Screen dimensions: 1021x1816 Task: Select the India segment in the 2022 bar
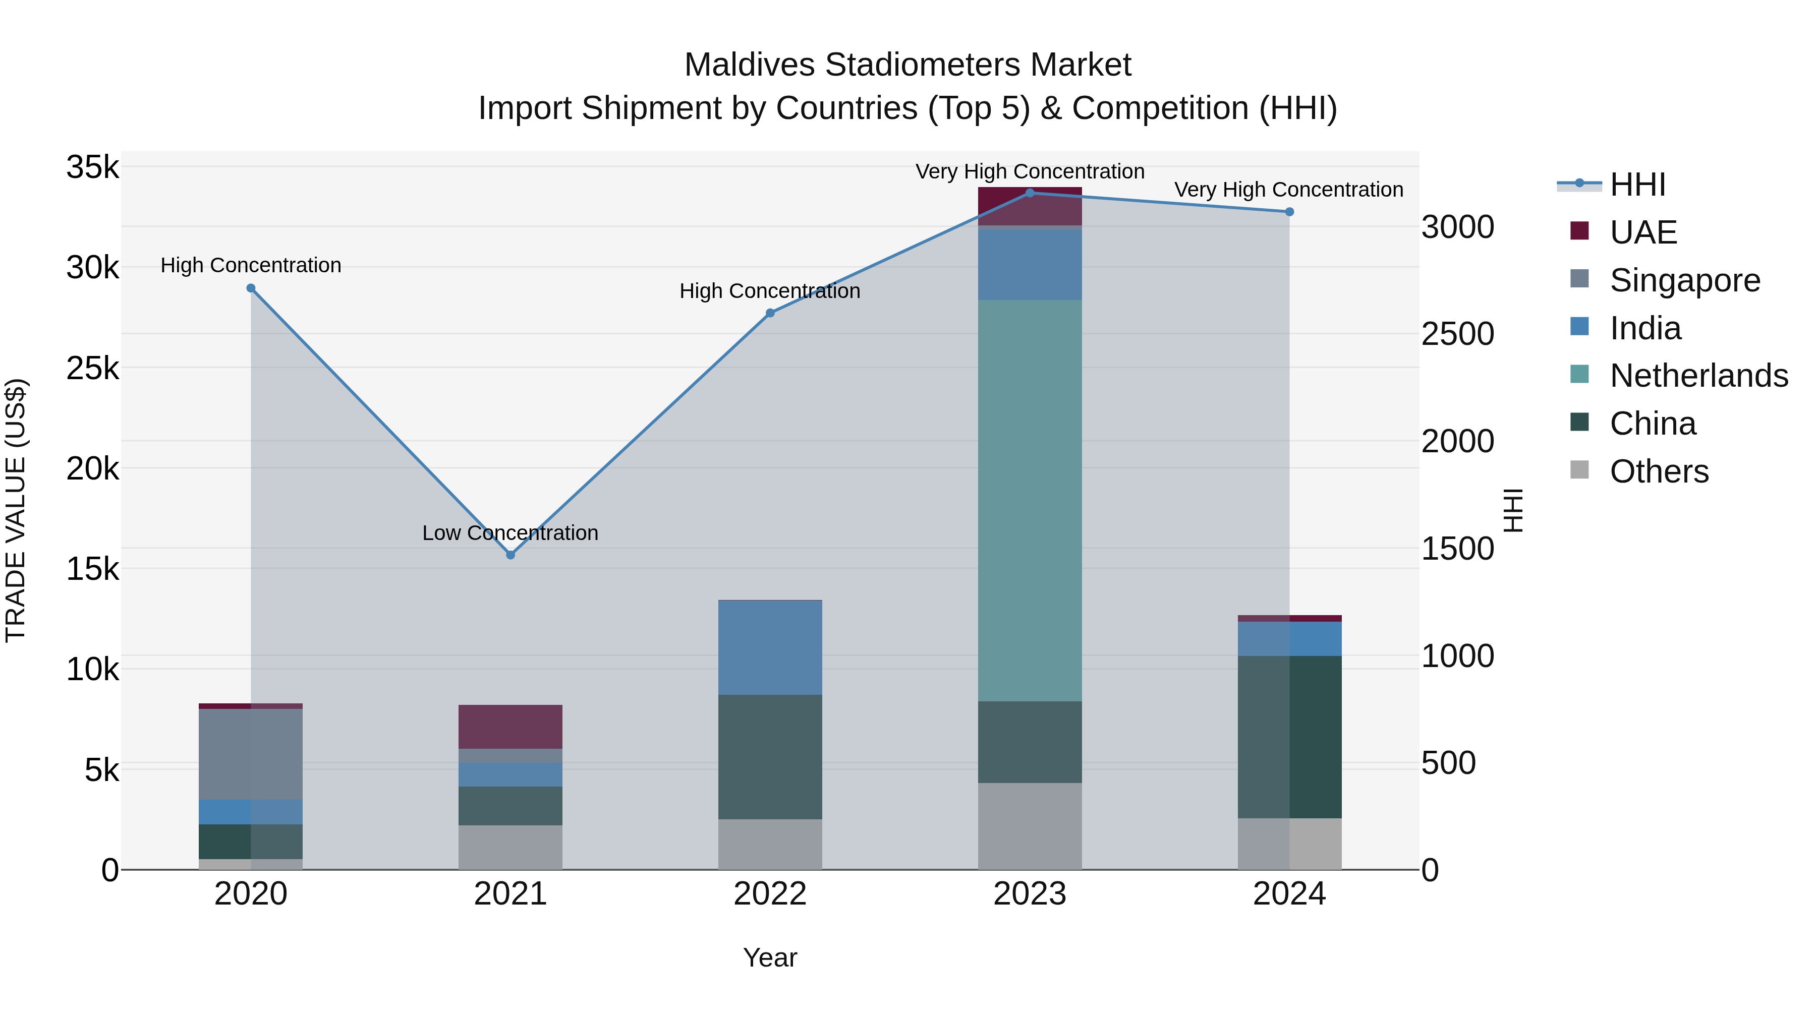point(770,647)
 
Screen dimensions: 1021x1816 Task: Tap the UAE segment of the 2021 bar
point(510,727)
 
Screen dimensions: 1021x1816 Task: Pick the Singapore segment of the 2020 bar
point(250,754)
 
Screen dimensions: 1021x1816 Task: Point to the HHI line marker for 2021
point(510,555)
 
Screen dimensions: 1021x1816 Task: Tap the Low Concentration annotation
point(510,533)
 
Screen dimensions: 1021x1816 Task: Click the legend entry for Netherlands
point(1698,376)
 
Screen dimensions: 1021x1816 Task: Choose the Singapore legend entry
point(1684,280)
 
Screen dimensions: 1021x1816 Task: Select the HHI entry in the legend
point(1637,185)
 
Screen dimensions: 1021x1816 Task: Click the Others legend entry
point(1658,471)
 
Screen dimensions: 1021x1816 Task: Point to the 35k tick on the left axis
point(92,168)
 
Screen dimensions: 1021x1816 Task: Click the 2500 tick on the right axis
point(1457,334)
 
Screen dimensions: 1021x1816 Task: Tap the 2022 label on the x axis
point(770,894)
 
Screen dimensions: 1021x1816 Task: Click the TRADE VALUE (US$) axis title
point(16,510)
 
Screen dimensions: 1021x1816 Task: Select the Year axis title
point(770,957)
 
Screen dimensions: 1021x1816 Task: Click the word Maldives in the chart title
point(749,65)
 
